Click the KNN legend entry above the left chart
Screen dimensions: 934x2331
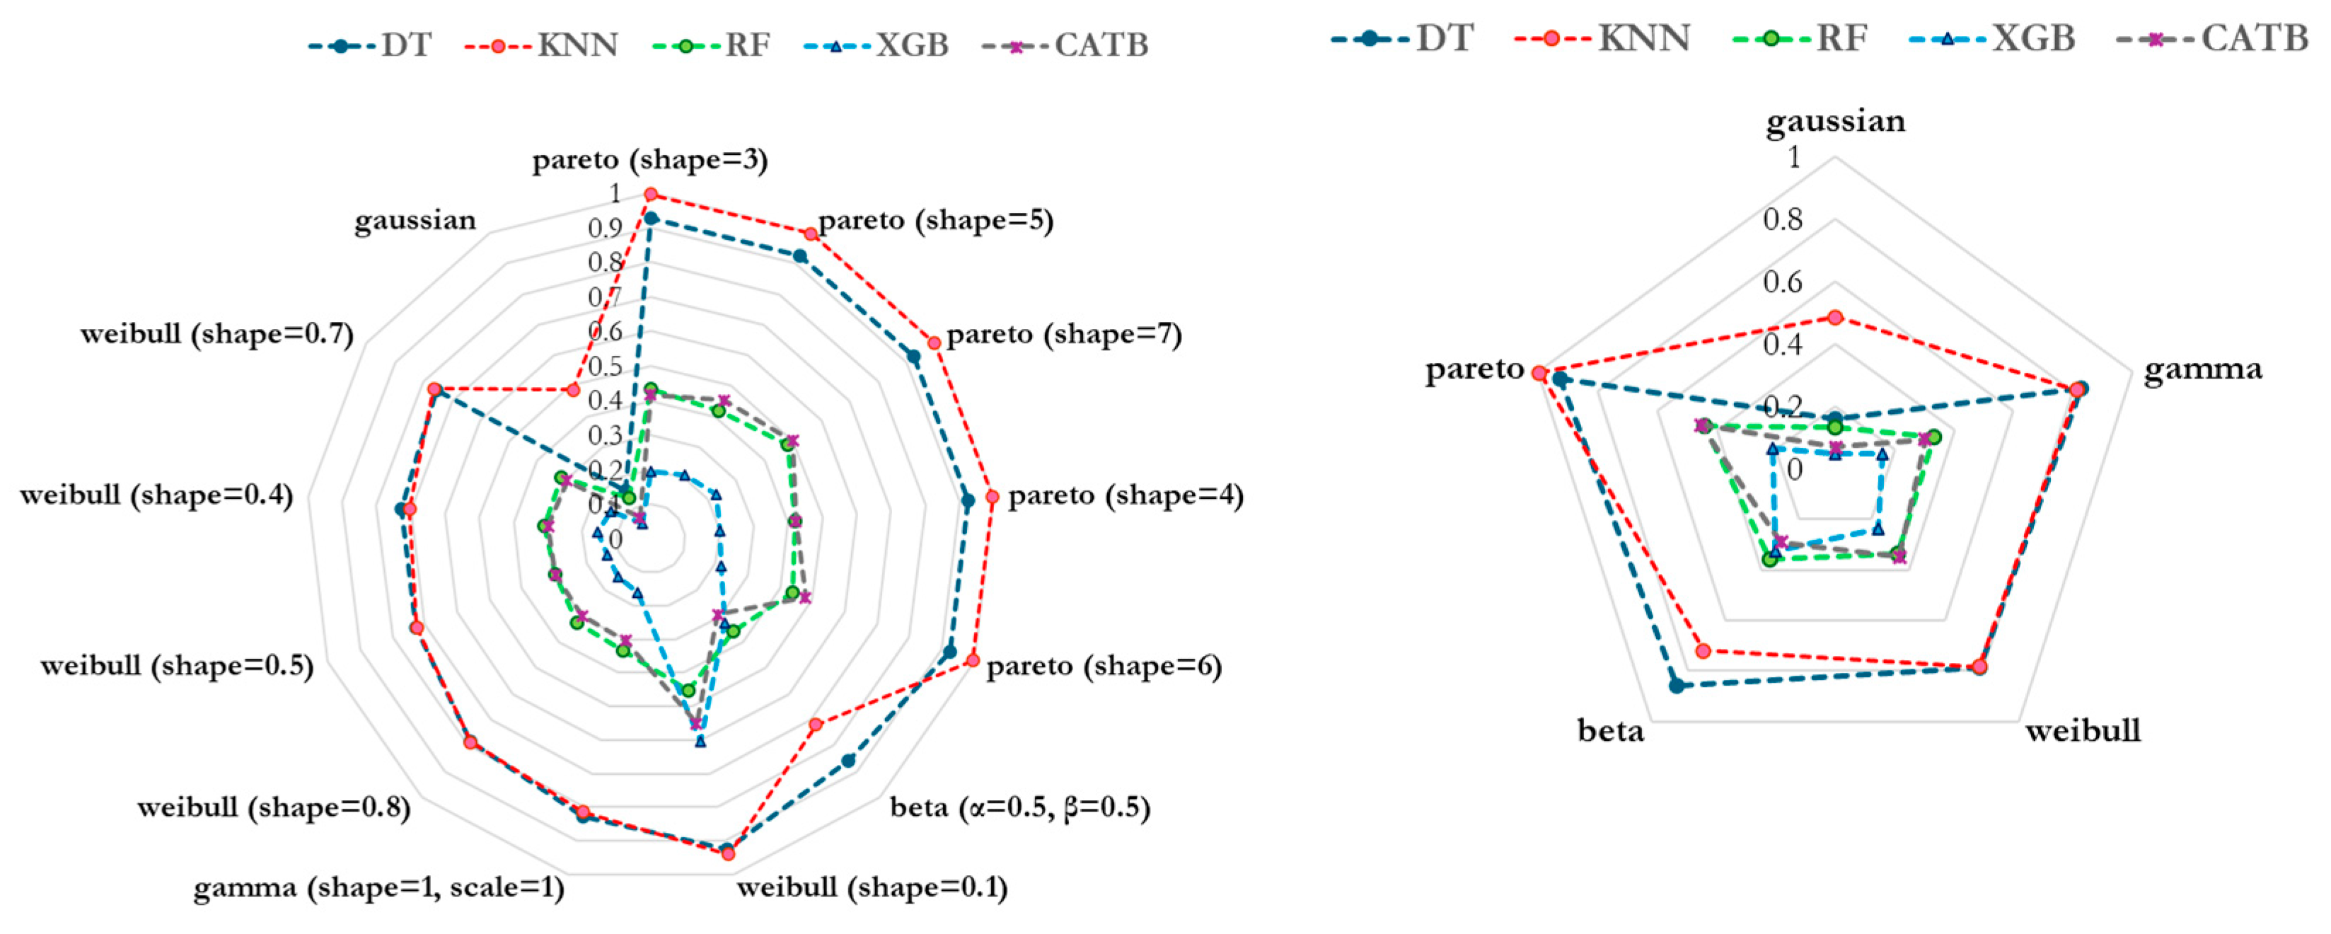click(x=543, y=45)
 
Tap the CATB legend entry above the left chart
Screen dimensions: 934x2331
click(x=1067, y=45)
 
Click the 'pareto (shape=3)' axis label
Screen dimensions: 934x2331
click(x=649, y=160)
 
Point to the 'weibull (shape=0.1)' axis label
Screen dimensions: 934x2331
click(x=872, y=887)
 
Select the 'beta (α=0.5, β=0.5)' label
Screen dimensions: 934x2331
click(x=1020, y=807)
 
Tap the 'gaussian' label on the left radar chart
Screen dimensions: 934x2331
click(x=415, y=220)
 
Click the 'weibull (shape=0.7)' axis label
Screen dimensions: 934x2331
click(x=216, y=334)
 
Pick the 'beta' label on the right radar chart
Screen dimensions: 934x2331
click(x=1610, y=730)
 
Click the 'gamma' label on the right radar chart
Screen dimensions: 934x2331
click(x=2202, y=369)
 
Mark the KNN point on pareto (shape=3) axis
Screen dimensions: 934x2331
click(x=649, y=194)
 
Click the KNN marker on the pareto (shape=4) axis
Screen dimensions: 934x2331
click(x=992, y=497)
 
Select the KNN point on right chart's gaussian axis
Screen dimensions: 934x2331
click(x=1835, y=318)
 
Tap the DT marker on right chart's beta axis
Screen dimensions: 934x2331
click(x=1677, y=686)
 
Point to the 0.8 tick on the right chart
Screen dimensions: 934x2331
click(x=1782, y=219)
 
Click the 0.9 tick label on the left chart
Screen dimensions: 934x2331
click(x=604, y=228)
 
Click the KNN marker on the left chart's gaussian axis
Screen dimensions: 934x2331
click(x=572, y=389)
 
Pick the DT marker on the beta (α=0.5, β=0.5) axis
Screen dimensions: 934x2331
click(x=848, y=761)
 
